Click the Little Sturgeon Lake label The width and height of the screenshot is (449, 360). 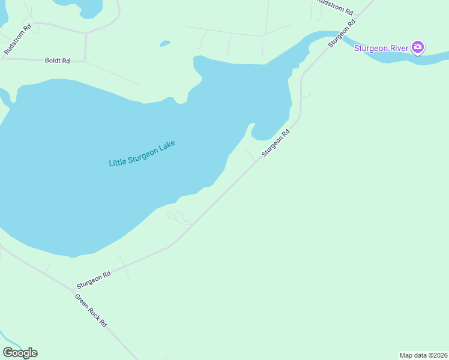[142, 154]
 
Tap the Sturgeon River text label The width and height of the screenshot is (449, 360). [381, 48]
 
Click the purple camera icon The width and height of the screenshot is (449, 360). [418, 47]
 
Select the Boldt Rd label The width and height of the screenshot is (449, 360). [57, 61]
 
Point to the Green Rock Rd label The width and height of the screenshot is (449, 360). [91, 310]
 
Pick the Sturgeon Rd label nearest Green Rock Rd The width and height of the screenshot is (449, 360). [94, 279]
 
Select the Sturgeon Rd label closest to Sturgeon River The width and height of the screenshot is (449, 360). [342, 34]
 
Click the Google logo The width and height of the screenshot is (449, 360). [20, 353]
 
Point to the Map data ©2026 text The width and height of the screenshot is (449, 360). [423, 355]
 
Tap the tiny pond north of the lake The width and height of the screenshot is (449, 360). [164, 43]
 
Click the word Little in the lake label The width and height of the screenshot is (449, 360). [119, 161]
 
